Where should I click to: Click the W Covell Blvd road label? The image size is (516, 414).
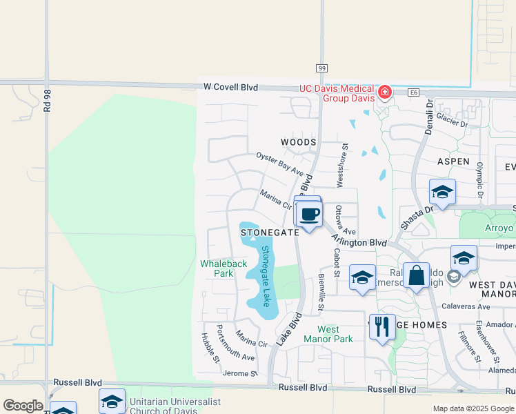click(230, 88)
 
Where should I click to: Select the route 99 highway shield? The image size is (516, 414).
click(321, 68)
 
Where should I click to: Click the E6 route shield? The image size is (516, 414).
click(413, 91)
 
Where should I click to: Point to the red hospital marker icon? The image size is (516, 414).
click(384, 92)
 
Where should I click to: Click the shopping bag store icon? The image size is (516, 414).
click(417, 277)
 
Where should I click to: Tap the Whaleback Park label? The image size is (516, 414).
click(223, 268)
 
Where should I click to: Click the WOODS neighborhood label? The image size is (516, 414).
click(298, 142)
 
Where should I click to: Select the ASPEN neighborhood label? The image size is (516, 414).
click(453, 161)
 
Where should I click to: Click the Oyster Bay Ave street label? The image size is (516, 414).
click(280, 164)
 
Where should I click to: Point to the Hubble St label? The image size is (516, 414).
click(210, 348)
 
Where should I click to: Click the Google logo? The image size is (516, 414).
click(23, 406)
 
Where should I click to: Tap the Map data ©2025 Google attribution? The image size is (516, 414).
click(473, 408)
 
